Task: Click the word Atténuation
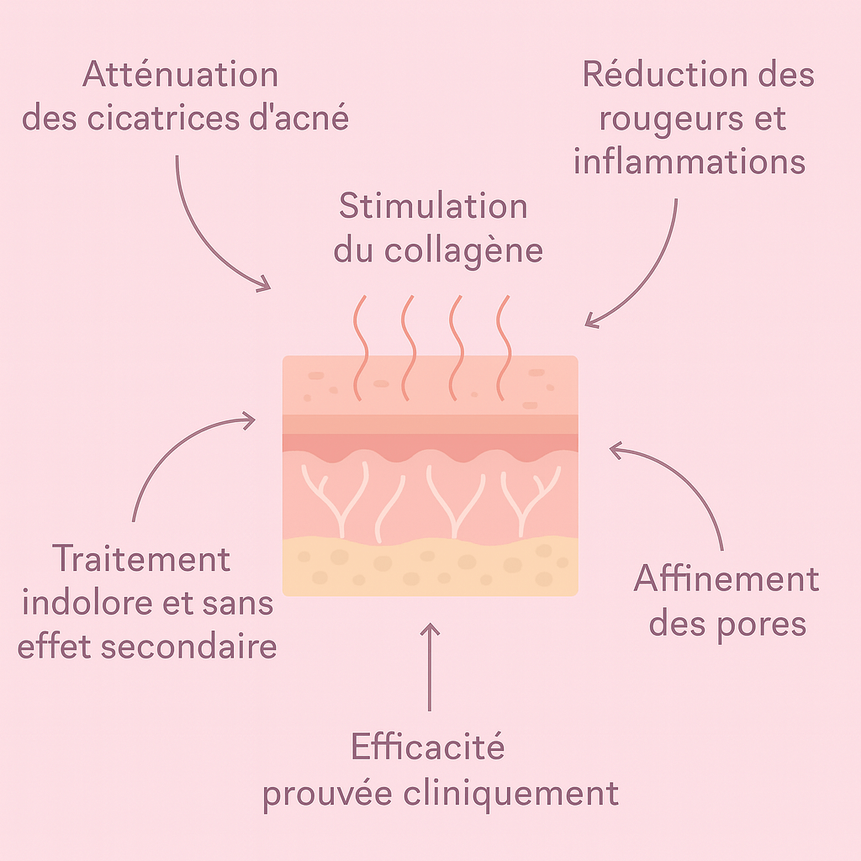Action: (x=180, y=76)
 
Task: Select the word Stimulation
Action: (x=433, y=207)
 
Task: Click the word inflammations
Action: (x=689, y=161)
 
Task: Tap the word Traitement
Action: (x=141, y=559)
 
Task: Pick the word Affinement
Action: (x=726, y=579)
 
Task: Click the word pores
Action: (x=762, y=624)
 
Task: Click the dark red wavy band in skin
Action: (x=430, y=445)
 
